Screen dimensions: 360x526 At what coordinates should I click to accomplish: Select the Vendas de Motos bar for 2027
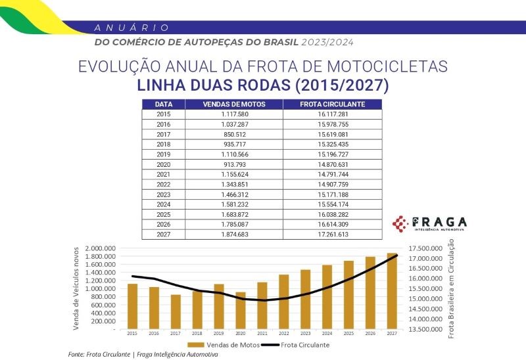[x=392, y=290]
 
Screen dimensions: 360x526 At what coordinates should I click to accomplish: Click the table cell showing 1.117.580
[x=234, y=114]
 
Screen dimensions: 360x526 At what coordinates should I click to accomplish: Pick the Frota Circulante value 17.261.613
[x=332, y=235]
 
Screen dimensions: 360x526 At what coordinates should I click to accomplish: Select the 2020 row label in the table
[x=164, y=164]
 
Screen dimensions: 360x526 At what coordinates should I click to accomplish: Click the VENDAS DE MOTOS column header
[x=234, y=104]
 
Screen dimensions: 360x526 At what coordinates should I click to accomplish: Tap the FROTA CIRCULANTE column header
[x=332, y=104]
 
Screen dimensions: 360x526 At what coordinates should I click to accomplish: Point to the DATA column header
[x=164, y=104]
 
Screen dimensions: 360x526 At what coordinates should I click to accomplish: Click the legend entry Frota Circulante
[x=300, y=344]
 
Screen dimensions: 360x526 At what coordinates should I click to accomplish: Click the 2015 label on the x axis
[x=132, y=333]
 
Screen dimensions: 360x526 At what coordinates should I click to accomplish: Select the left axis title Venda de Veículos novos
[x=77, y=286]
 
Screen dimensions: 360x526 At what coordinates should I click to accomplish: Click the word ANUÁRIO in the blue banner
[x=132, y=28]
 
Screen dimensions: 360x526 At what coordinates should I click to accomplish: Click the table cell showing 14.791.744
[x=332, y=174]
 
